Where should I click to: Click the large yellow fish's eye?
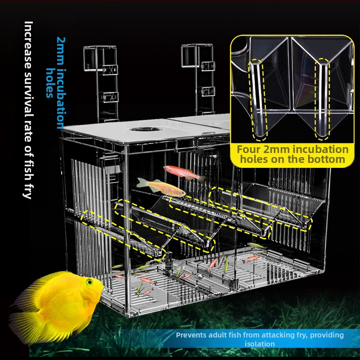(89, 282)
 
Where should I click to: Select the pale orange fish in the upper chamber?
(161, 187)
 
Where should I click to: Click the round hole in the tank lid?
(145, 130)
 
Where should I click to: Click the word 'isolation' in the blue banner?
(260, 344)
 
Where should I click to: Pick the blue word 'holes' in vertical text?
(50, 83)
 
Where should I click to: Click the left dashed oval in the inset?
(258, 99)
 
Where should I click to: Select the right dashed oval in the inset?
(322, 99)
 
